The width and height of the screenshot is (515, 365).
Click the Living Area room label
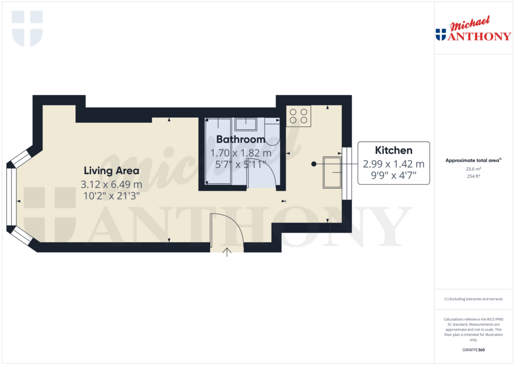[x=111, y=170]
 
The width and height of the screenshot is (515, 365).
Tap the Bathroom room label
[x=240, y=139]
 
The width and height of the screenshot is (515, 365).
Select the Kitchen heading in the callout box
[x=394, y=150]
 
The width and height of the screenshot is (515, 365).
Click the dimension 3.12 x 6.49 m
[x=111, y=184]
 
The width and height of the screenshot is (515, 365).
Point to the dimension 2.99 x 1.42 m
[x=394, y=164]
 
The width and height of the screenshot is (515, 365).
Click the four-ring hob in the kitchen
[x=299, y=116]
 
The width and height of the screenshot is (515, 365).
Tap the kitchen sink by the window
[x=331, y=172]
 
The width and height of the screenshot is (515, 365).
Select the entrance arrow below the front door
[x=227, y=252]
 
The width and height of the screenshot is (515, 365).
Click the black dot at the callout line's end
[x=313, y=164]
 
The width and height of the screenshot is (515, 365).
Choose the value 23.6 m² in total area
[x=473, y=170]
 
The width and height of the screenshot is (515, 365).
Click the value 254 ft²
[x=473, y=177]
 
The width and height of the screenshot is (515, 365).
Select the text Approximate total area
[x=472, y=161]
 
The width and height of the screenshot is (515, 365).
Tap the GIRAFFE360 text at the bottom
[x=473, y=349]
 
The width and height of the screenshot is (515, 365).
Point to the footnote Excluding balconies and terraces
[x=473, y=299]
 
